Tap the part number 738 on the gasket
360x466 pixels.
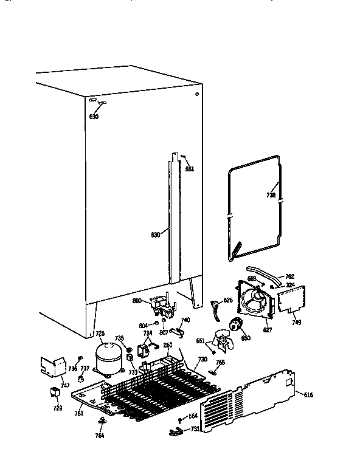point(271,196)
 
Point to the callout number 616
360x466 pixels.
point(308,396)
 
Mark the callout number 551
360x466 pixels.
point(189,169)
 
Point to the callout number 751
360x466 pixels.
point(78,414)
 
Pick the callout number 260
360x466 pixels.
point(168,345)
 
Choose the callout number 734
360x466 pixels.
point(147,334)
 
